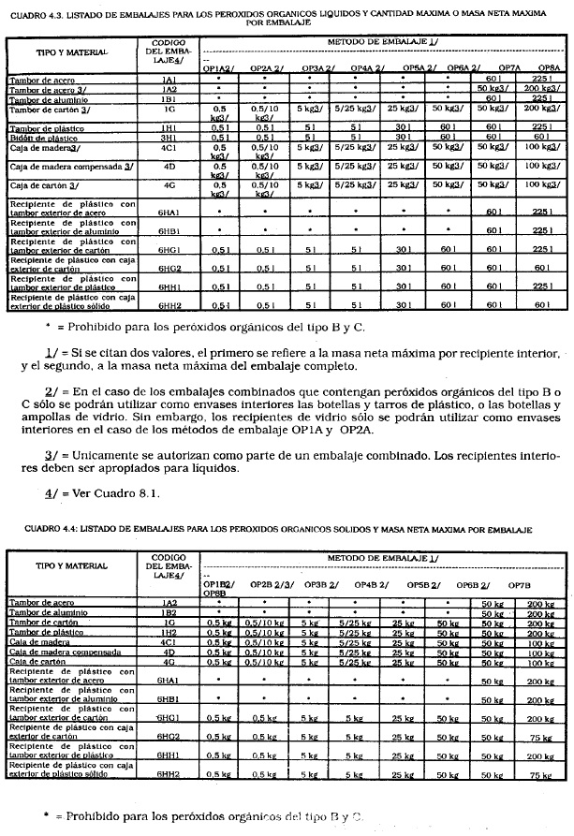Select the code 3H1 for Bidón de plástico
pos(169,135)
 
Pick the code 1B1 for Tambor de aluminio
pos(169,98)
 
